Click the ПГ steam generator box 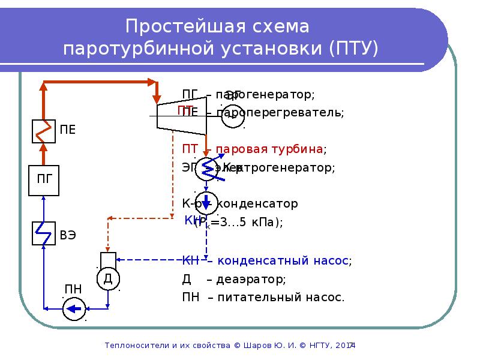click(44, 179)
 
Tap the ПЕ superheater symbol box click(44, 130)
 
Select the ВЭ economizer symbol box click(44, 233)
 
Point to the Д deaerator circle click(108, 278)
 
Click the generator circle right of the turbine click(232, 115)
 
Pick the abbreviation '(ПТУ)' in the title click(354, 48)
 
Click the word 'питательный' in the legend click(258, 297)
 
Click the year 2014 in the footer click(346, 346)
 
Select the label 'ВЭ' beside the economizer click(67, 234)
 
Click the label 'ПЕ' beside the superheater click(67, 129)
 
